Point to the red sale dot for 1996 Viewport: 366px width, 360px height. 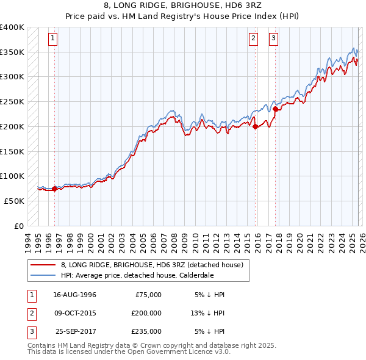point(54,189)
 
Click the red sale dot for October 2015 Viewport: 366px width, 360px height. point(255,126)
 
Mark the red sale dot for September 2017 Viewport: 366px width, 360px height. point(275,109)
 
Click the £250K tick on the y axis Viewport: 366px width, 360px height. point(12,101)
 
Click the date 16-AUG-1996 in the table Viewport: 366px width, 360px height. point(74,295)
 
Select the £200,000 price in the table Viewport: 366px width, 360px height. point(146,313)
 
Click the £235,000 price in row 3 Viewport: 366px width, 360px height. point(146,331)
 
